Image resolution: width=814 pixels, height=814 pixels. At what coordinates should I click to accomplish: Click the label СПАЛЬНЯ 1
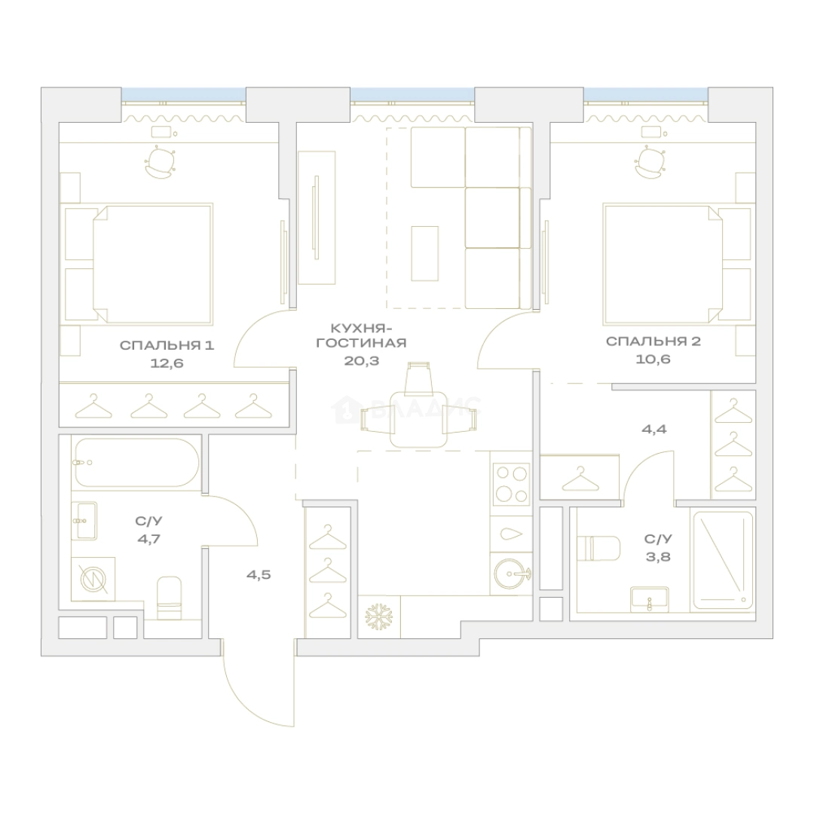pos(167,345)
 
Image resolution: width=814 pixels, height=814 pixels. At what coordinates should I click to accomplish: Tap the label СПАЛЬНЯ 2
pos(653,341)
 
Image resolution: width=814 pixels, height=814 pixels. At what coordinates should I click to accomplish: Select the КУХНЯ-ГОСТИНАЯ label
pos(361,335)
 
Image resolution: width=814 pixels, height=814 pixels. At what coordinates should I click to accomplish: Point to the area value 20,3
pos(361,360)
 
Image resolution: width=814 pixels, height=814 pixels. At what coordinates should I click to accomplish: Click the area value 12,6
pos(167,363)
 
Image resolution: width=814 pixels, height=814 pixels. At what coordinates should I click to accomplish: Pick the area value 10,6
pos(653,359)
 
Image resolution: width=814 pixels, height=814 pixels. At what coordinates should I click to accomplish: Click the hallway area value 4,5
pos(259,574)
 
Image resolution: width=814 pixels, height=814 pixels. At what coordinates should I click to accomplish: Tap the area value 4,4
pos(654,429)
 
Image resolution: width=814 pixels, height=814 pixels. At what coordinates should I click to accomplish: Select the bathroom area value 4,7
pos(149,539)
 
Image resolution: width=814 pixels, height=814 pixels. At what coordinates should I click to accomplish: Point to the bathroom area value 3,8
pos(658,556)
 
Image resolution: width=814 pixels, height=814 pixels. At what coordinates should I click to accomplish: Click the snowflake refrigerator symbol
pos(379,617)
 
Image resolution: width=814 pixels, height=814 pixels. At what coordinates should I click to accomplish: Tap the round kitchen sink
pos(511,573)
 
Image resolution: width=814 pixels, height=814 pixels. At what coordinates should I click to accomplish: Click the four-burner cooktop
pos(511,483)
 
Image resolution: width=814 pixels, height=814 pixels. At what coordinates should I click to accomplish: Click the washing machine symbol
pos(93,580)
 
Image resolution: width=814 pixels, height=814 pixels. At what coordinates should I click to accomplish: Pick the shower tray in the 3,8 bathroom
pos(723,561)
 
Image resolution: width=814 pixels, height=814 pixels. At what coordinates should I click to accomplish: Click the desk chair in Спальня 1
pos(159,161)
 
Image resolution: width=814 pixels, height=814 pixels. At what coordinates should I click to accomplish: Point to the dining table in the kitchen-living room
pos(418,419)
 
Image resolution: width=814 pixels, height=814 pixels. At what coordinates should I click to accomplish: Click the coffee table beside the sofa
pos(424,253)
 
